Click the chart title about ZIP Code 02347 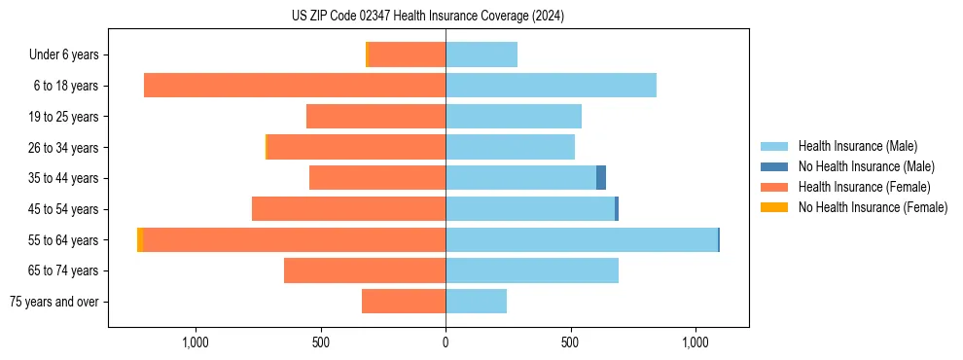(427, 17)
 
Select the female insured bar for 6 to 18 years (295, 86)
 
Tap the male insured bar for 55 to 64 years (581, 239)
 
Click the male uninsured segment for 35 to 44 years (601, 178)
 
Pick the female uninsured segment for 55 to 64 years (140, 239)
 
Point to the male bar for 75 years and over (476, 302)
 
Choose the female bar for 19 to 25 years (375, 117)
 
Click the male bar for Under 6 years (481, 55)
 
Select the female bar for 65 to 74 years (365, 270)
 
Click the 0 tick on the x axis (446, 342)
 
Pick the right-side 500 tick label (570, 342)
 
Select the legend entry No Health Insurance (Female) (873, 207)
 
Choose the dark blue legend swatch (774, 166)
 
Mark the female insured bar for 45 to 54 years (348, 209)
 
